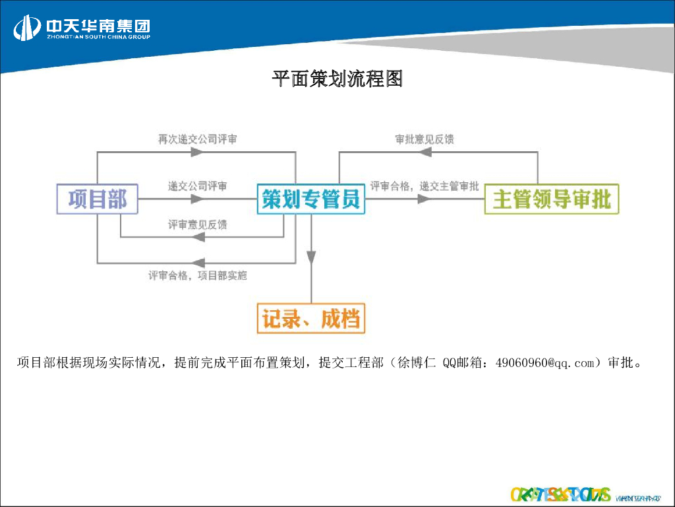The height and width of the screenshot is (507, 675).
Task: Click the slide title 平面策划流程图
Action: [x=337, y=79]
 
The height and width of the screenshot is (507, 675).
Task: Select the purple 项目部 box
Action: [x=97, y=199]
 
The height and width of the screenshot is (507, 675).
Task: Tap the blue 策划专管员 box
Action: [x=310, y=199]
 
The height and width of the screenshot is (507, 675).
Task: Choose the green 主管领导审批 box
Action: [x=552, y=199]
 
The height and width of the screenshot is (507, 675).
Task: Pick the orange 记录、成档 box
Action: [x=310, y=320]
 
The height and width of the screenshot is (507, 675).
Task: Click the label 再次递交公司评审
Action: [x=197, y=139]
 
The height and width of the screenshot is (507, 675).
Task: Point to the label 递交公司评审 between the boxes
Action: [x=197, y=186]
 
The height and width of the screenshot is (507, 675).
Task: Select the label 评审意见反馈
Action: [x=197, y=225]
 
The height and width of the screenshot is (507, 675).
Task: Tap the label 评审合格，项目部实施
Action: [x=197, y=275]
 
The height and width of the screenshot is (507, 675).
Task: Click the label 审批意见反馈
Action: [x=424, y=139]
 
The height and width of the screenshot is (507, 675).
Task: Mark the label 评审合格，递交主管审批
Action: [x=424, y=186]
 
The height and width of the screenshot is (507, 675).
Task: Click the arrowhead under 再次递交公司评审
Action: [x=196, y=152]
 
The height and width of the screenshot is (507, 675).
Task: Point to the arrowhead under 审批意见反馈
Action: [x=424, y=152]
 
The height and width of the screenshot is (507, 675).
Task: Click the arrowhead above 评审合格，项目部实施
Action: [x=196, y=262]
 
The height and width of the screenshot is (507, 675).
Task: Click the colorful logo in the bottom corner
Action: [x=560, y=494]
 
